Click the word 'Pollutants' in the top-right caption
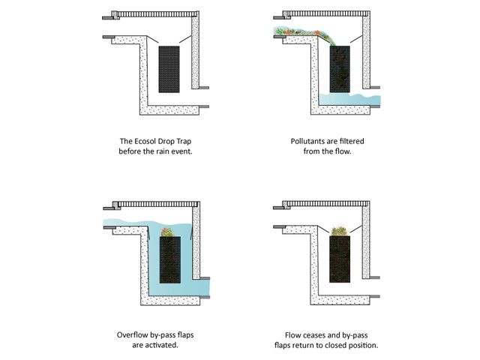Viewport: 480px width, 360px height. coord(309,141)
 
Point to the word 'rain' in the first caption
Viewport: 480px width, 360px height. coord(177,151)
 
